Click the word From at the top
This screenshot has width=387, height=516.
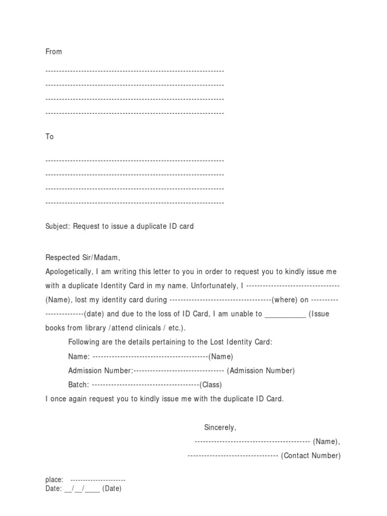[53, 51]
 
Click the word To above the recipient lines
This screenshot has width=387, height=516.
[49, 137]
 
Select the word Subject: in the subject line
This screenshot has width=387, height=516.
[58, 226]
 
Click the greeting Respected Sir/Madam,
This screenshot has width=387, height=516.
[83, 257]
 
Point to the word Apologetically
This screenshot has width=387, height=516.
[69, 272]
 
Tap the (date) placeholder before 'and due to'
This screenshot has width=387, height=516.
[94, 314]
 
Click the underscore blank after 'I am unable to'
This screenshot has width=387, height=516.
[285, 314]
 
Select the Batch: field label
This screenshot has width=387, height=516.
[79, 384]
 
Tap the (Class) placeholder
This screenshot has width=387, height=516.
[211, 384]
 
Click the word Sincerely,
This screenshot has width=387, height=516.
[220, 427]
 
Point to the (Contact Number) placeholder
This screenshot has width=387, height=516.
[310, 456]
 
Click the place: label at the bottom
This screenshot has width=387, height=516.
[54, 480]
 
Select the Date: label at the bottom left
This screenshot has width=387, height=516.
[53, 488]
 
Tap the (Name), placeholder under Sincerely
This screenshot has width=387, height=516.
[327, 441]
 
